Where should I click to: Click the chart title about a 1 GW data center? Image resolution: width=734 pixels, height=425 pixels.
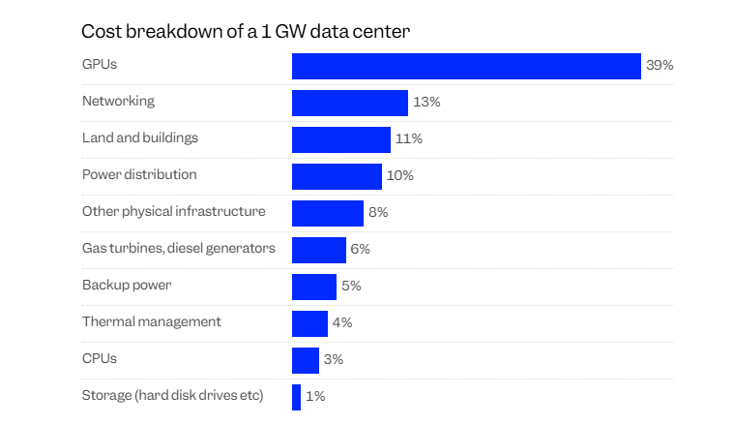pos(246,31)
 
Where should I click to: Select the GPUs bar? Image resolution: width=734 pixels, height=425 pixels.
pos(466,66)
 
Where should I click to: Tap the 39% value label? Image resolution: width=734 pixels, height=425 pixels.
pos(660,66)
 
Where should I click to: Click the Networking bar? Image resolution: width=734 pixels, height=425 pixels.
pos(350,103)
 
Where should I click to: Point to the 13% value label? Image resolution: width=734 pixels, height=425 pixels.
pos(426,103)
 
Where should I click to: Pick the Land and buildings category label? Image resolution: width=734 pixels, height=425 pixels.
pos(140,137)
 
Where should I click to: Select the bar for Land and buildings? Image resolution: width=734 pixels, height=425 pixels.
pos(341,139)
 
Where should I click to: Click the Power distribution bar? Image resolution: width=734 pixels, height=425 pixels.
pos(337,176)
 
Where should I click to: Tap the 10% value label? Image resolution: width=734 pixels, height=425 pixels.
pos(400,176)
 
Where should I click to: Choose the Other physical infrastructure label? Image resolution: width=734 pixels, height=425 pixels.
pos(174,211)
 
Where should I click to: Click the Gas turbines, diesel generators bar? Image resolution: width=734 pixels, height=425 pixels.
pos(319,250)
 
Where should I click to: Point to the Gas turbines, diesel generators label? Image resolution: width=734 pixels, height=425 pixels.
pos(179,248)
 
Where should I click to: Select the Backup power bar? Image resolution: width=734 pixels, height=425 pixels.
pos(314,287)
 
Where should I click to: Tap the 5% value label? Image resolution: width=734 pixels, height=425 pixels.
pos(351,287)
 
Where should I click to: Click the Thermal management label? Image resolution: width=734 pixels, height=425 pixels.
pos(152,321)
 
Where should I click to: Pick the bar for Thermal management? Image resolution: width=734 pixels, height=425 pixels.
pos(309,323)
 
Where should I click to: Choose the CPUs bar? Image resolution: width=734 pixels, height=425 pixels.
pos(306,360)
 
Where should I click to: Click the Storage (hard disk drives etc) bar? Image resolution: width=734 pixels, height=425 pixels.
pos(297,397)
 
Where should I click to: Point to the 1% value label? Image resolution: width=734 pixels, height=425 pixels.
pos(315,397)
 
